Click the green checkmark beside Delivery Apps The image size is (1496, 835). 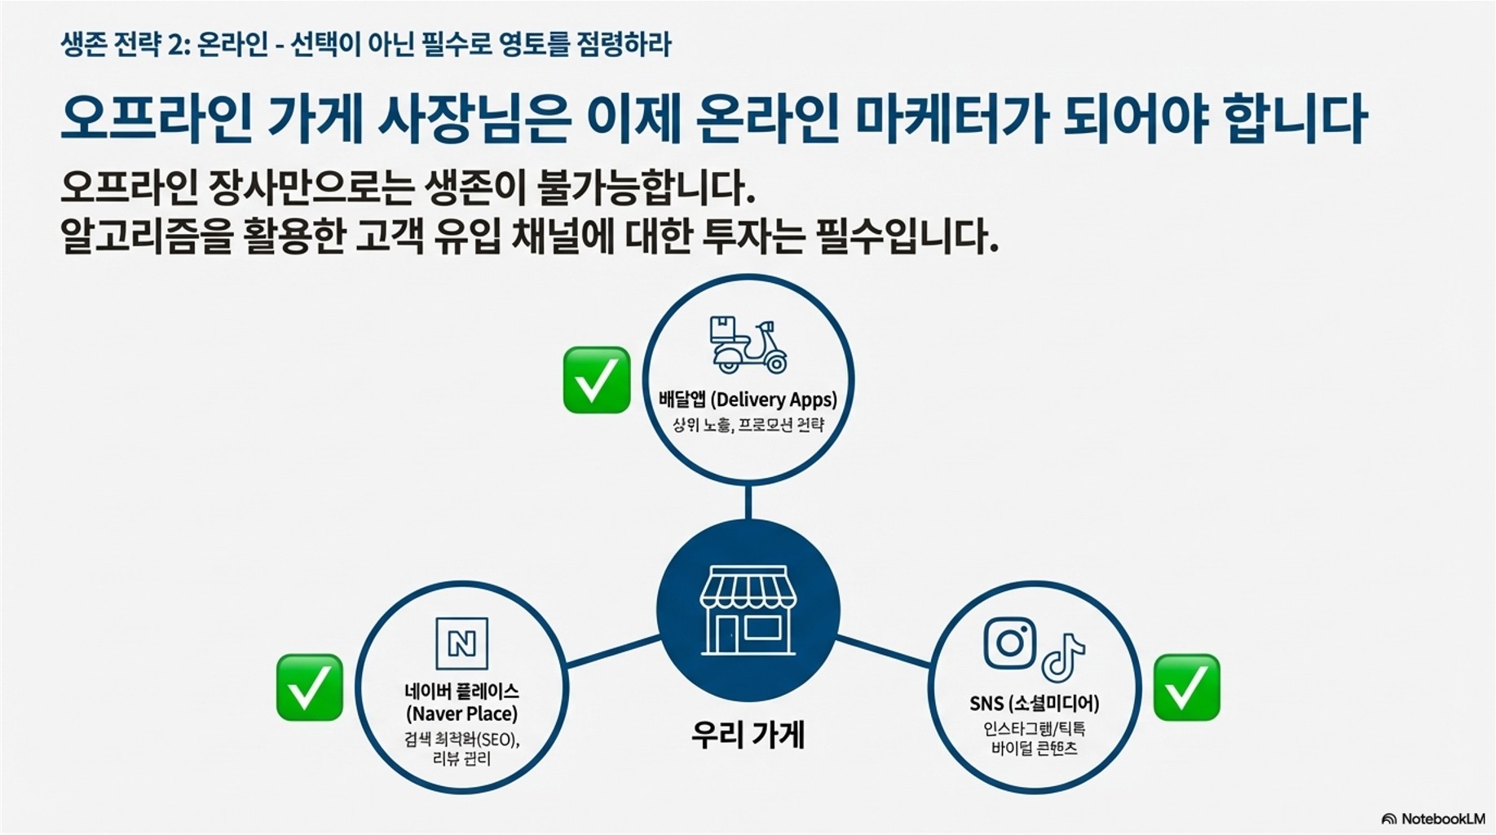pyautogui.click(x=596, y=380)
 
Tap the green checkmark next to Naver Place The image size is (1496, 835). pyautogui.click(x=309, y=687)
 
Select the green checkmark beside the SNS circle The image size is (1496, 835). pyautogui.click(x=1186, y=687)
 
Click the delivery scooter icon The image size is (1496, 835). pyautogui.click(x=748, y=345)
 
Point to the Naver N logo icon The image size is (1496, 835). pyautogui.click(x=461, y=644)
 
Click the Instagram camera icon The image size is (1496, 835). pyautogui.click(x=1010, y=643)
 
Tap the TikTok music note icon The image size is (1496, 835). pyautogui.click(x=1062, y=657)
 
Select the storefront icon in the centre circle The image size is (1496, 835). pyautogui.click(x=748, y=610)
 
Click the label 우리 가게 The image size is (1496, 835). pyautogui.click(x=748, y=734)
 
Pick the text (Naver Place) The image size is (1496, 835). pyautogui.click(x=461, y=714)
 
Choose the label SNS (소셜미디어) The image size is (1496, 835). pyautogui.click(x=1034, y=703)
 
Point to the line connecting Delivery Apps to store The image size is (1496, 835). pyautogui.click(x=748, y=501)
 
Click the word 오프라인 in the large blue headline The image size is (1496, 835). pyautogui.click(x=156, y=119)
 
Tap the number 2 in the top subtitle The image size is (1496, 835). pyautogui.click(x=175, y=45)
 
